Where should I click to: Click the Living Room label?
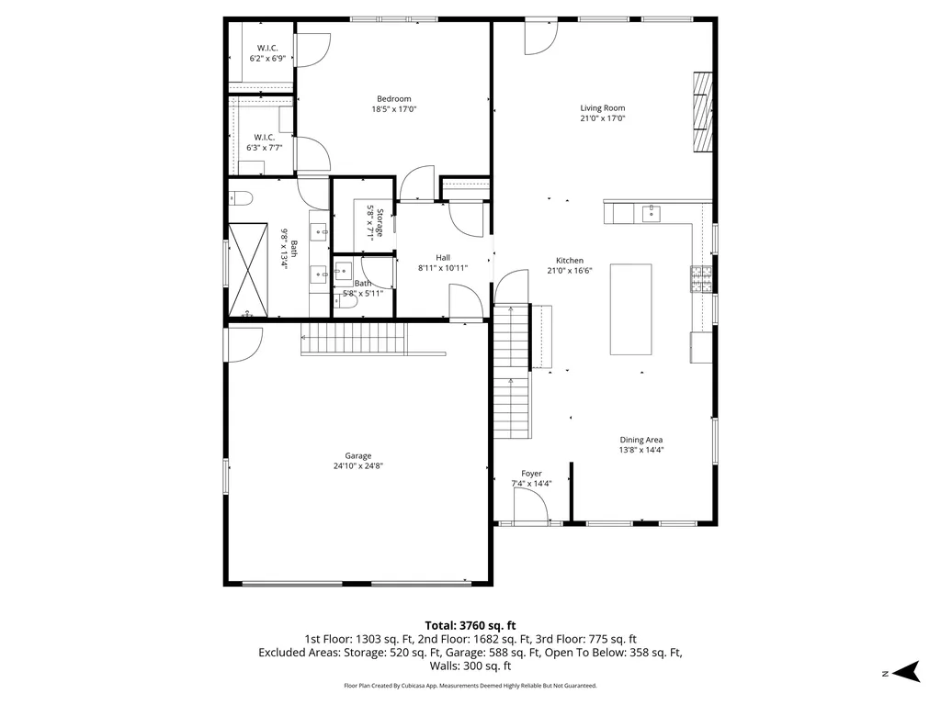(603, 108)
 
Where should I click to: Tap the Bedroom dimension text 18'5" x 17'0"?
(393, 109)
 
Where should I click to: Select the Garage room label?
(357, 455)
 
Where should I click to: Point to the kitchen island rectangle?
(630, 309)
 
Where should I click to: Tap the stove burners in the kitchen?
(701, 279)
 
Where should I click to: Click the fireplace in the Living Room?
(703, 112)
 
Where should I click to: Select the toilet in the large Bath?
(240, 198)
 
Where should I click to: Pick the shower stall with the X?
(248, 270)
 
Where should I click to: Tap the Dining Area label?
(641, 440)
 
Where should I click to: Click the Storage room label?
(380, 223)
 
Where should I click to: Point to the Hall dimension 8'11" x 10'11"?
(443, 268)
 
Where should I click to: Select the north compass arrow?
(906, 671)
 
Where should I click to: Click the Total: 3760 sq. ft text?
(470, 626)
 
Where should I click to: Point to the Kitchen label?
(570, 260)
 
